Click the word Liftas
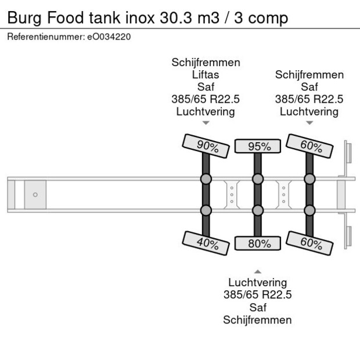click(206, 75)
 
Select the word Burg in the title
click(24, 19)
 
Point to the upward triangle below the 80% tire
click(258, 271)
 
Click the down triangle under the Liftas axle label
click(206, 123)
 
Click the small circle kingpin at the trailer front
click(35, 195)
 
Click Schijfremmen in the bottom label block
click(258, 320)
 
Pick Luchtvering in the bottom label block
click(258, 283)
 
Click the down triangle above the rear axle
click(309, 123)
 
